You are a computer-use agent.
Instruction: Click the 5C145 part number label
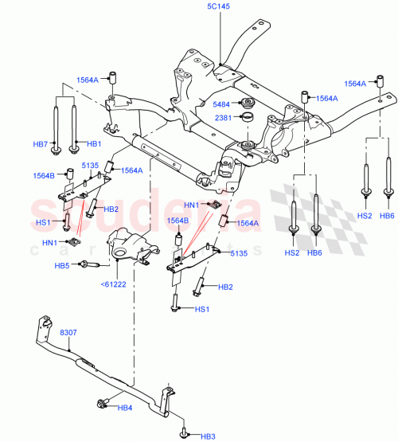[x=219, y=6]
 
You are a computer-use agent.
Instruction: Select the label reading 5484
[x=223, y=103]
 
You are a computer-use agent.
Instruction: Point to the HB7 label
[x=40, y=144]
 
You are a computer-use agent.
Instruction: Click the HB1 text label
[x=94, y=144]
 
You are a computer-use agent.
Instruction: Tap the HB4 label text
[x=126, y=409]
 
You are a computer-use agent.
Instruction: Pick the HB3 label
[x=208, y=436]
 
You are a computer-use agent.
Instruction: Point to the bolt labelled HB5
[x=88, y=266]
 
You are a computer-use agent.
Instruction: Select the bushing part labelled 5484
[x=247, y=103]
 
